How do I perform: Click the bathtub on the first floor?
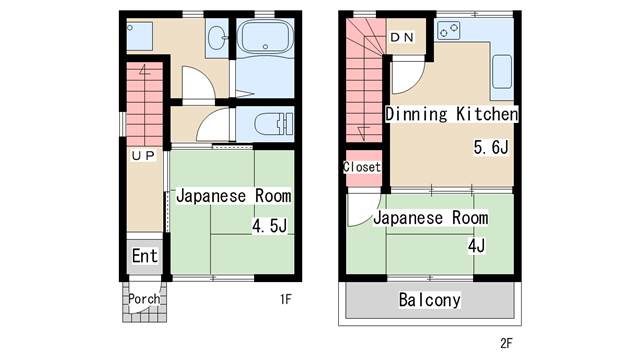click(x=265, y=37)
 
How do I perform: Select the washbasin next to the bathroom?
click(x=217, y=38)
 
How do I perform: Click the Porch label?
click(x=144, y=299)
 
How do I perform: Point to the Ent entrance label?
click(x=144, y=256)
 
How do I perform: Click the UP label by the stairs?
click(x=143, y=156)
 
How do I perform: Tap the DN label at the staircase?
click(x=402, y=38)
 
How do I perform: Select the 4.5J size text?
click(x=269, y=225)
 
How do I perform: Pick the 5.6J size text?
click(x=491, y=147)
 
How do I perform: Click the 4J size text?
click(x=476, y=246)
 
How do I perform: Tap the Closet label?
click(x=362, y=167)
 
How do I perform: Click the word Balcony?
click(x=429, y=300)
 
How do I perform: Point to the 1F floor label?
click(x=286, y=299)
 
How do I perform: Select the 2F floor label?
click(x=506, y=343)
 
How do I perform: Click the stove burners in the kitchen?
click(x=449, y=31)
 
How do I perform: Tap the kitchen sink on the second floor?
click(x=502, y=72)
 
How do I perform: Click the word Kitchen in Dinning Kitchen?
click(x=487, y=114)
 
